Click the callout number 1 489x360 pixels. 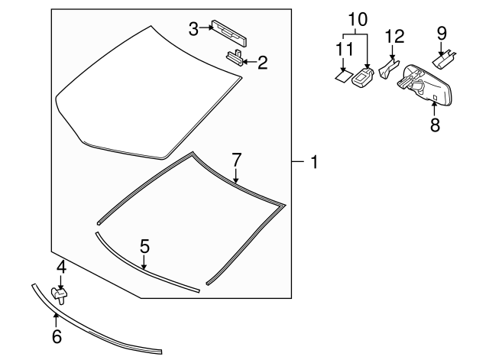tap(313, 162)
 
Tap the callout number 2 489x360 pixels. tap(262, 62)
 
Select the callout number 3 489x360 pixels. tap(194, 28)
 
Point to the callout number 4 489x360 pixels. tap(60, 268)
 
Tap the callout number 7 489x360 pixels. tap(237, 160)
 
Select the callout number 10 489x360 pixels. tap(358, 17)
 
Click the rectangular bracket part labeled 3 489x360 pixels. tap(228, 28)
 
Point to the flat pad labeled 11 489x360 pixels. tap(342, 76)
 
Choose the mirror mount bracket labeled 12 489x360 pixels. tap(389, 70)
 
